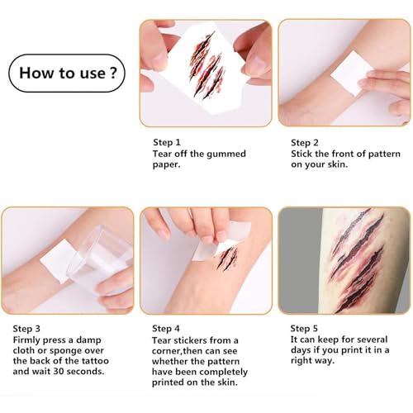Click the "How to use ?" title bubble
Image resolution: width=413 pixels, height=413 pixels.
67,73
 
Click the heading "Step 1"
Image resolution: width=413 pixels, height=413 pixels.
167,142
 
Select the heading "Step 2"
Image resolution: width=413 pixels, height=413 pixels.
305,143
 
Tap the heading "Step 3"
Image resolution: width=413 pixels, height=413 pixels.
26,329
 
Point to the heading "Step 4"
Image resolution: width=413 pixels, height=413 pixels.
166,329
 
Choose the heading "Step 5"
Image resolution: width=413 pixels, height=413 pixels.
304,329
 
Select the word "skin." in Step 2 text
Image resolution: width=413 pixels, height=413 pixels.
338,164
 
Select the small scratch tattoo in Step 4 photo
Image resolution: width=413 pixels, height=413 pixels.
227,259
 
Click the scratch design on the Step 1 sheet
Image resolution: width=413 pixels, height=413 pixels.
206,65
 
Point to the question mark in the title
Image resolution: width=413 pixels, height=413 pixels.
113,73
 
